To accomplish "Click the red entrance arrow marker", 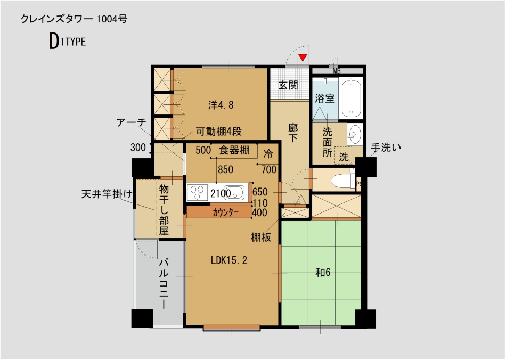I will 303,58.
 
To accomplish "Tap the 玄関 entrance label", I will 289,85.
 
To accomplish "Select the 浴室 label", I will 324,99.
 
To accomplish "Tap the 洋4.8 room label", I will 221,105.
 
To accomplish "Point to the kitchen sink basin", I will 237,192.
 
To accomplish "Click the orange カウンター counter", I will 219,212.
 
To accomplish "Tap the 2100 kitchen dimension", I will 221,193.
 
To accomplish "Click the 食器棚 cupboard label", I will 234,150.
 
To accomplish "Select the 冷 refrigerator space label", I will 268,154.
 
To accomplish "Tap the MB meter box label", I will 337,71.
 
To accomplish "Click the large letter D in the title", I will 54,43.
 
